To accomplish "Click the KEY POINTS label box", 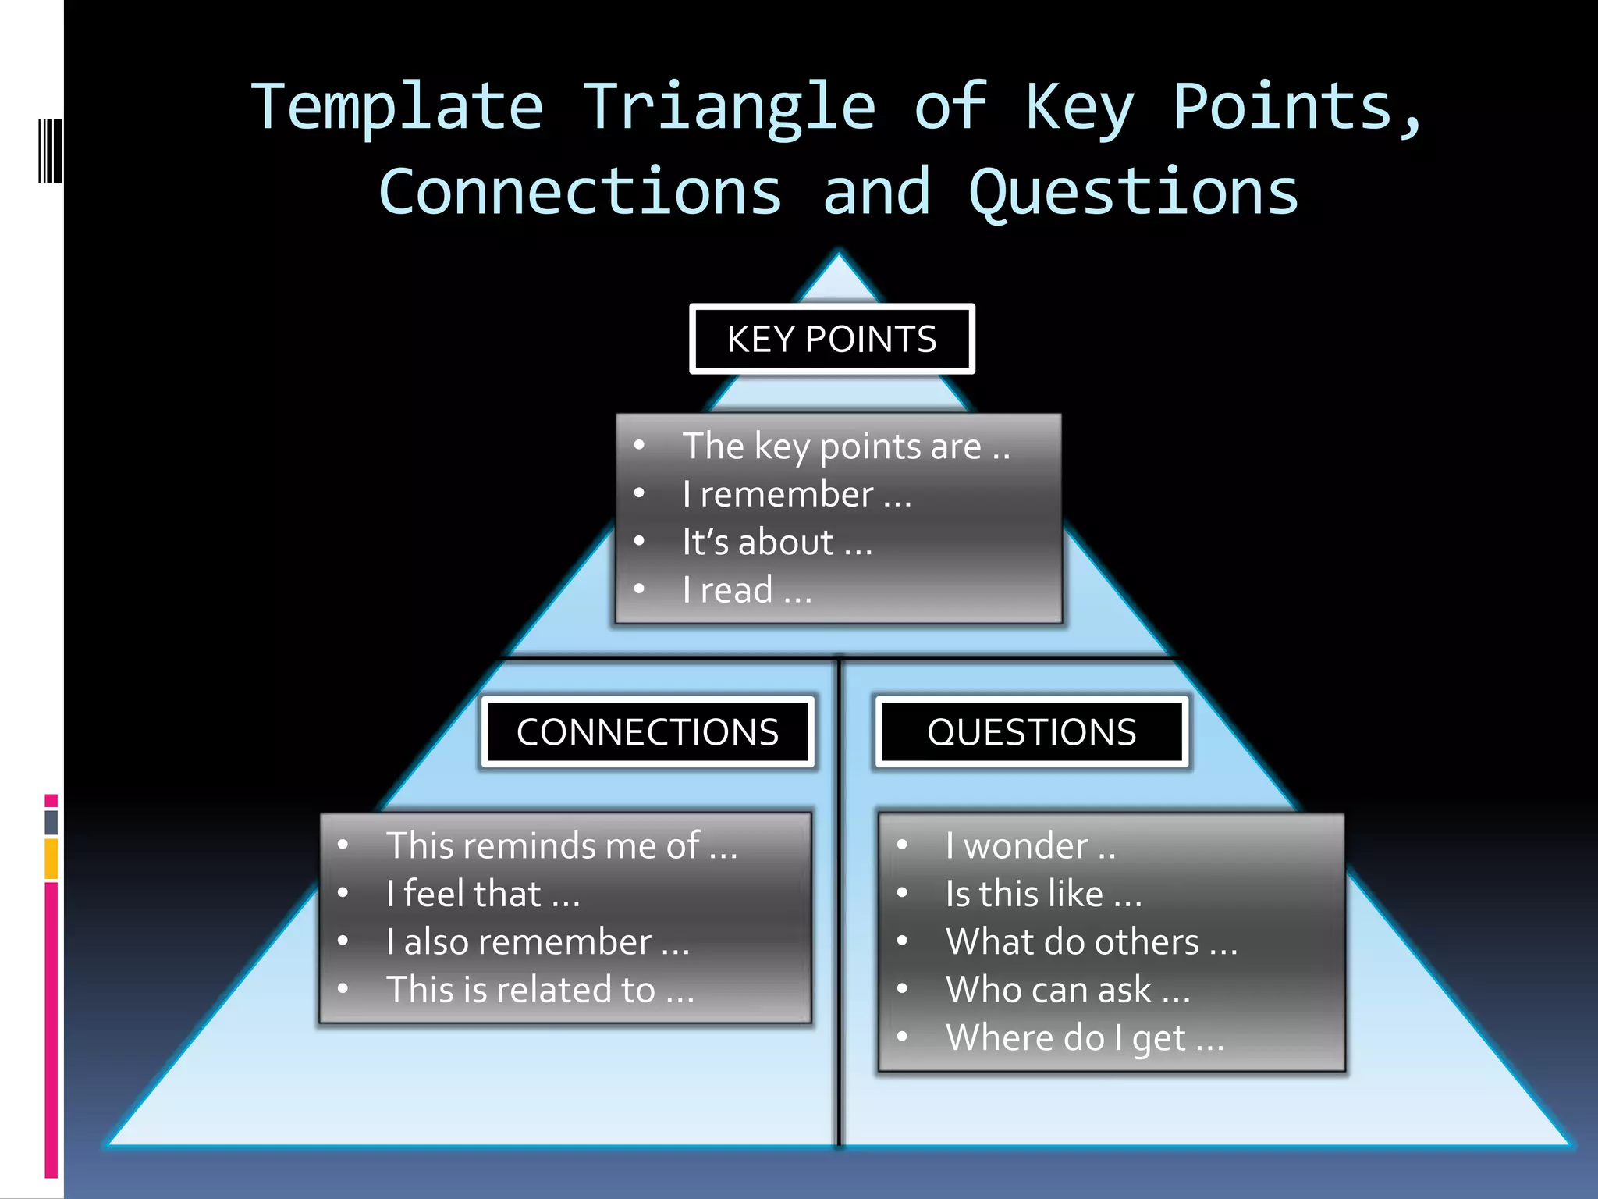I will pyautogui.click(x=832, y=339).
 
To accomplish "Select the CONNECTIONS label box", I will pyautogui.click(x=648, y=732).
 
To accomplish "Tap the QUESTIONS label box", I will pyautogui.click(x=1032, y=732).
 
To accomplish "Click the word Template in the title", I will pyautogui.click(x=396, y=107).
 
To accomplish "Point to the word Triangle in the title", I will pyautogui.click(x=730, y=107).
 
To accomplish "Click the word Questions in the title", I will pyautogui.click(x=1133, y=193).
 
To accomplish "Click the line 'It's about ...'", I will pyautogui.click(x=777, y=543).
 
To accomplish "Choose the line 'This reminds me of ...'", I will pyautogui.click(x=562, y=846).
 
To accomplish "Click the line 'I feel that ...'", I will pyautogui.click(x=483, y=895).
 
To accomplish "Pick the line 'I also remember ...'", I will pyautogui.click(x=538, y=942).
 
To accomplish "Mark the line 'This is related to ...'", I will pyautogui.click(x=540, y=991).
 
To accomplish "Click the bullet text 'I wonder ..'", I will pyautogui.click(x=1030, y=846).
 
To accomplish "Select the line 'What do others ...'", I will pyautogui.click(x=1091, y=942).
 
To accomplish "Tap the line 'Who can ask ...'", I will pyautogui.click(x=1067, y=991).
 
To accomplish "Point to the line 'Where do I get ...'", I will pyautogui.click(x=1085, y=1039).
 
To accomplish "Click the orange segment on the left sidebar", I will pyautogui.click(x=51, y=859).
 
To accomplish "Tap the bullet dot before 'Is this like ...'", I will pyautogui.click(x=902, y=893).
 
